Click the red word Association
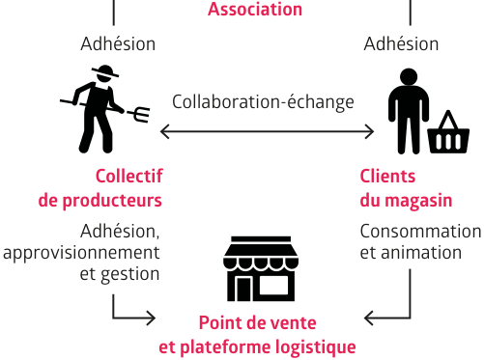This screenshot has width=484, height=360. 255,9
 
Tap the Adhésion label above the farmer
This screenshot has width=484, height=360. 118,43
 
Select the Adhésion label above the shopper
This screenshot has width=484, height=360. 401,43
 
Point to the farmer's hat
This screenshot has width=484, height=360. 105,71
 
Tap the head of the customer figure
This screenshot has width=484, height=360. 409,77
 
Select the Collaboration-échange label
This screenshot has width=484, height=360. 263,102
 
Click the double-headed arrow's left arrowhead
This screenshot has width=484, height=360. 165,131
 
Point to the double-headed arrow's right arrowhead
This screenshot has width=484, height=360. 369,131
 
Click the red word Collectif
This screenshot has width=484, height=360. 129,177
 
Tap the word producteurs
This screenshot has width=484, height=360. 112,201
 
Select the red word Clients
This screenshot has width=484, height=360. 387,177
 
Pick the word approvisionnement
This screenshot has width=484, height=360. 81,253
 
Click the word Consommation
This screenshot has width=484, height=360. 420,232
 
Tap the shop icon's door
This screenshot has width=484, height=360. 243,289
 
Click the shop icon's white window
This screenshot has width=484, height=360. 273,285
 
